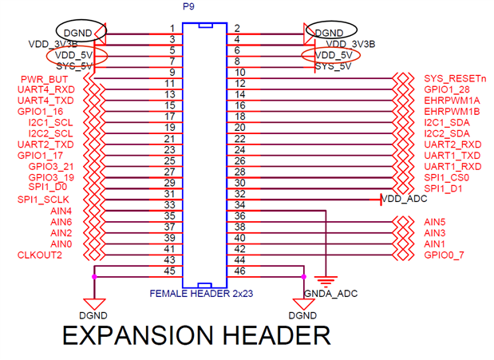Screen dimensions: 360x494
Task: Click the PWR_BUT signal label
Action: pos(43,80)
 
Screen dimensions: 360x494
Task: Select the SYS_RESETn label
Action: pos(455,80)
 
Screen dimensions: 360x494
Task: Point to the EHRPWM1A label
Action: pos(453,101)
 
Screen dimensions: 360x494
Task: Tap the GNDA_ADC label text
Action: pos(331,294)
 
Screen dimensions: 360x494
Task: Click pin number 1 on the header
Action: pos(172,30)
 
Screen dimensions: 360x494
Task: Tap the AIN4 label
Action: pos(61,211)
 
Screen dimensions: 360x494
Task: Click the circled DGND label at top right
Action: pos(329,33)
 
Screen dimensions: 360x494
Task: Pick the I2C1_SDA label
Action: pos(447,123)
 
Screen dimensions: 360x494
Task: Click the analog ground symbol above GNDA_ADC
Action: pos(326,279)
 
